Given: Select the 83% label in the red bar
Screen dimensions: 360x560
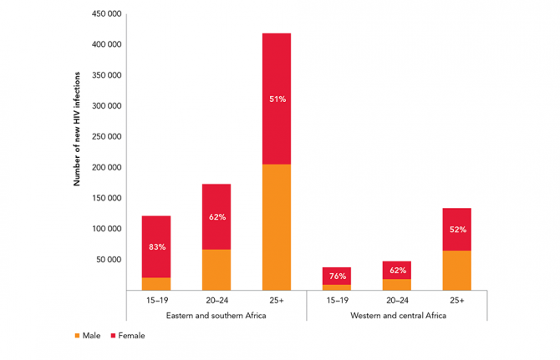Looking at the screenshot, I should click(156, 247).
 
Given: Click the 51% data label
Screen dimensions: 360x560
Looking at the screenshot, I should click(277, 99).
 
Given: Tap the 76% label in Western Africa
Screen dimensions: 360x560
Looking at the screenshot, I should click(337, 276).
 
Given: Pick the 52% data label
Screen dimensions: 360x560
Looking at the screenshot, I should click(457, 230).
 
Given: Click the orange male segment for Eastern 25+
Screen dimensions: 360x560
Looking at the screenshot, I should click(277, 227).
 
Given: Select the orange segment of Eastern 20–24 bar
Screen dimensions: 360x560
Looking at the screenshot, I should click(216, 270).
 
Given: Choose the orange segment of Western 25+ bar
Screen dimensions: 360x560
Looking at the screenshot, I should click(457, 271).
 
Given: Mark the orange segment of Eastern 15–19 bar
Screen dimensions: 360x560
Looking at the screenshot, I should click(156, 284).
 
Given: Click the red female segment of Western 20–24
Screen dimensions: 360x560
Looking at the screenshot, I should click(397, 270).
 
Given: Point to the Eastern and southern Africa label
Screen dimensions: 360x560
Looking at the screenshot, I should click(216, 316).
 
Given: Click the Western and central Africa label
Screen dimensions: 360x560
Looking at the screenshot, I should click(397, 316).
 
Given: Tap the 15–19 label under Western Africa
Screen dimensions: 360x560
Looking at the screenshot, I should click(337, 299).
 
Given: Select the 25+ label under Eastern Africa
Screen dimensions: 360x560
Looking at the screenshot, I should click(277, 299).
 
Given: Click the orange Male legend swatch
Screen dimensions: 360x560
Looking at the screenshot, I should click(78, 336).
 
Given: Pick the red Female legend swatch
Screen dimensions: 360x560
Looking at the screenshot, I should click(113, 336).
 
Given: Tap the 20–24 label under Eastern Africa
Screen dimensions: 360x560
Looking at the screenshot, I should click(216, 299).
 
